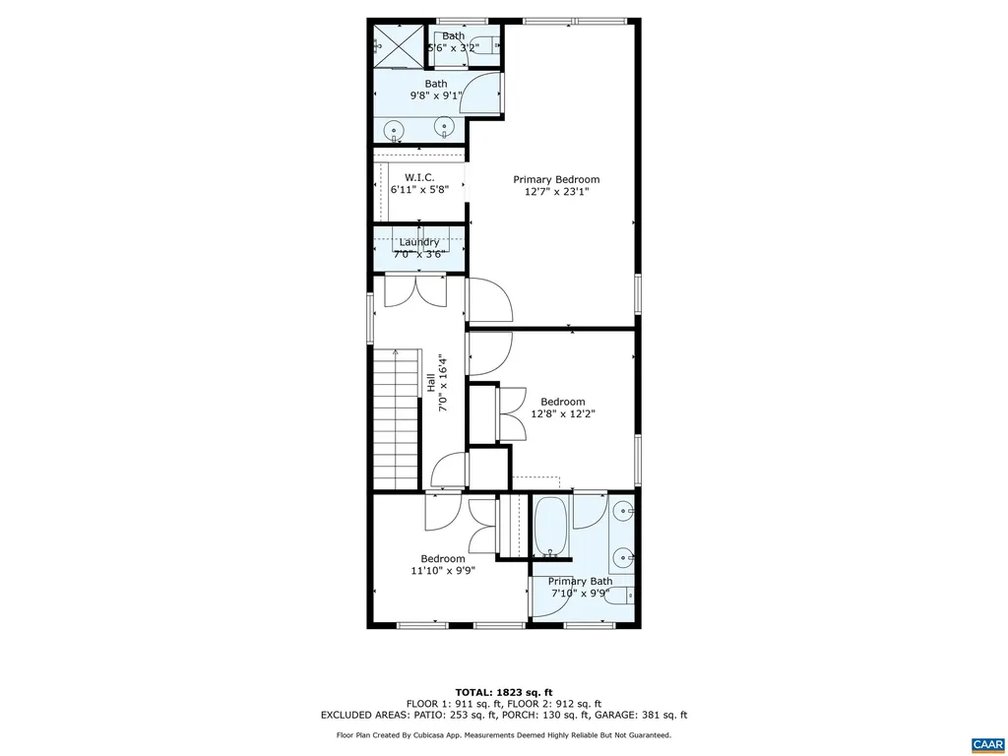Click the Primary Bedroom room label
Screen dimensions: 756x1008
[556, 179]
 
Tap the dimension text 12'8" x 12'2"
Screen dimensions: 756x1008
[562, 414]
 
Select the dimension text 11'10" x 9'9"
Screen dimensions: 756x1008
[443, 570]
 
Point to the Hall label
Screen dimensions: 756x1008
[431, 382]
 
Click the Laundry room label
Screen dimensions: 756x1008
[419, 242]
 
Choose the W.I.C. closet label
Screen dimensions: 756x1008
[419, 177]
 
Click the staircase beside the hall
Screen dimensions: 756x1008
[395, 418]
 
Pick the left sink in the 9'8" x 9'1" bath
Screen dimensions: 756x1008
[394, 128]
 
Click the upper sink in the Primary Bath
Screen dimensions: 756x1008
[622, 512]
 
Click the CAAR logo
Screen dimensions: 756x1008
[985, 742]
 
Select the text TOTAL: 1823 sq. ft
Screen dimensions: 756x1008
[503, 691]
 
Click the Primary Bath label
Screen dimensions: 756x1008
[580, 581]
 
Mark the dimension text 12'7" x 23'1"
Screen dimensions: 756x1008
[556, 192]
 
